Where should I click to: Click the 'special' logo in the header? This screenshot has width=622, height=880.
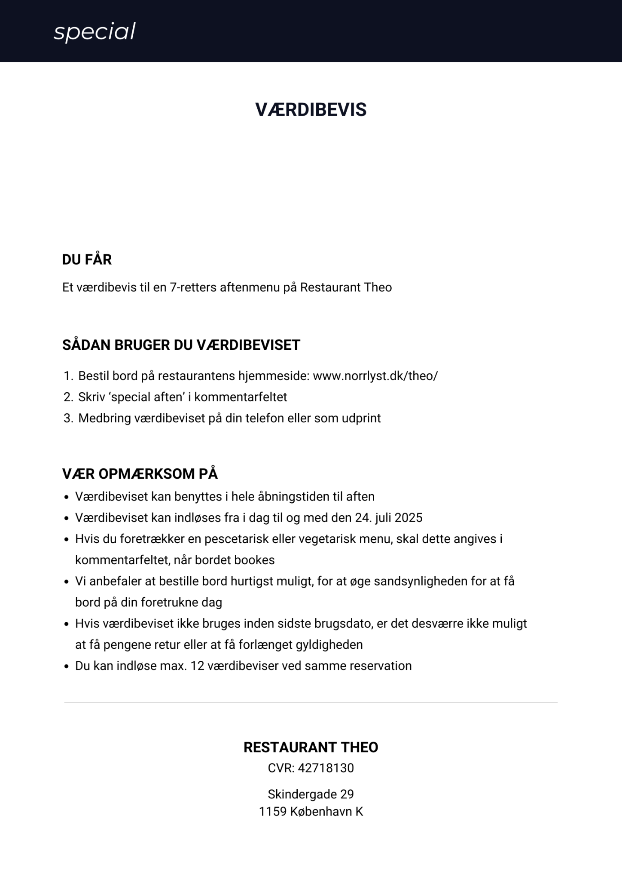tap(95, 32)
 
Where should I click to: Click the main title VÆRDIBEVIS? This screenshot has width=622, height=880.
tap(311, 110)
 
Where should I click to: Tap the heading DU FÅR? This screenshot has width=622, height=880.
tap(87, 260)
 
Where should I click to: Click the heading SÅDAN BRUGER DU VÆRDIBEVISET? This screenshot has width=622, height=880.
tap(181, 345)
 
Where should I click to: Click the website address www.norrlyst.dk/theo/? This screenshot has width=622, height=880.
tap(375, 376)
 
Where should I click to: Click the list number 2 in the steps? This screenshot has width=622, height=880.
tap(68, 397)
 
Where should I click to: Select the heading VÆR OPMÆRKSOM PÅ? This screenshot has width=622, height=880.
tap(140, 474)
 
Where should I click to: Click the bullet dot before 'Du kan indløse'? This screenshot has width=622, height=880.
tap(66, 667)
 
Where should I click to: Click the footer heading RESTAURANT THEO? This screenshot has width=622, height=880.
tap(311, 747)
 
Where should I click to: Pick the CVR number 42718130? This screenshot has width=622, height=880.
tap(326, 768)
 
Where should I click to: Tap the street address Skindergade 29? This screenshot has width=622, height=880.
tap(311, 794)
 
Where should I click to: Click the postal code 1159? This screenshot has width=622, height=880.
tap(272, 812)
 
